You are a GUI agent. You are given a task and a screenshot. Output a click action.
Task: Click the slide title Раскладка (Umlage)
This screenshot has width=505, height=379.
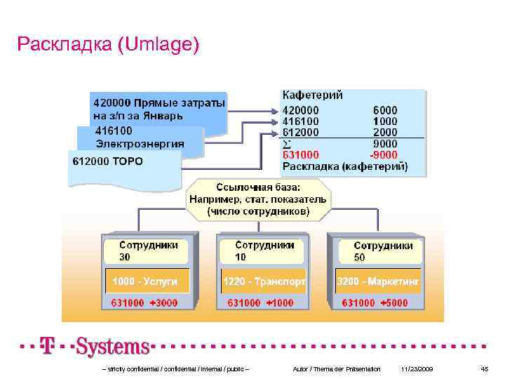[109, 46]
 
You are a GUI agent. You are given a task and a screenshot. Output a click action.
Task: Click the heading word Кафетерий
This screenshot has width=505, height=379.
[312, 95]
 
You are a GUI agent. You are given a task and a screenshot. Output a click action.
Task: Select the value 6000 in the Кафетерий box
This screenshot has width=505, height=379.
[385, 110]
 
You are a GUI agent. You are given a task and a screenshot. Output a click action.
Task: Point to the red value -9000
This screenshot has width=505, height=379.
[384, 155]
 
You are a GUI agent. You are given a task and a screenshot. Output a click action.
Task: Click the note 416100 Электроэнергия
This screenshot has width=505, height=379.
[140, 138]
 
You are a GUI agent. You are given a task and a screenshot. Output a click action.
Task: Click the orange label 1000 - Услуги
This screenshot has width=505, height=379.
[142, 281]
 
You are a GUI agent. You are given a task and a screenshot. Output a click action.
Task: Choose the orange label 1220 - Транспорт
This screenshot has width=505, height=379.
[264, 281]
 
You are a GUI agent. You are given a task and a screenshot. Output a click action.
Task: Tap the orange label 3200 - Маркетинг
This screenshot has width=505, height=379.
[378, 281]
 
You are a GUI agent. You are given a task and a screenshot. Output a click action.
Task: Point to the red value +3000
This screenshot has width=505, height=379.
[163, 303]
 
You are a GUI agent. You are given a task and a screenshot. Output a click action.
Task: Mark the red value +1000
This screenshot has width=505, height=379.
[280, 303]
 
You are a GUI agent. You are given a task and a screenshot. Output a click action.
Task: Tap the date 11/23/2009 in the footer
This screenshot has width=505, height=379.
[417, 369]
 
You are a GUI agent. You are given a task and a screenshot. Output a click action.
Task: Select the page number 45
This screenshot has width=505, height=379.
[484, 369]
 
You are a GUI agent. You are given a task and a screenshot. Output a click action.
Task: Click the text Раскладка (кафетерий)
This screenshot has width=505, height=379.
[344, 167]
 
